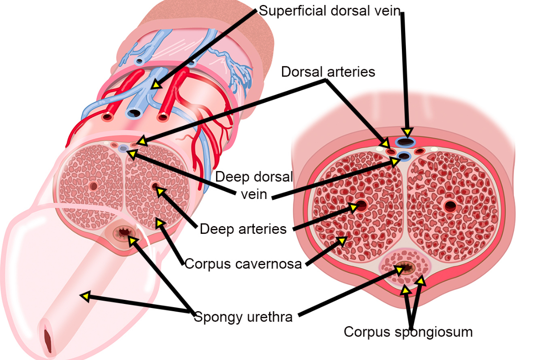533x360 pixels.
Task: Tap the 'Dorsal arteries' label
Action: [x=328, y=72]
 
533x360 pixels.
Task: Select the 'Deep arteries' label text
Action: [x=243, y=229]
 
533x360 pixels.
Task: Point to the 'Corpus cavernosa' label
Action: [x=243, y=264]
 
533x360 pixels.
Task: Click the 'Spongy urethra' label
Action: [x=243, y=317]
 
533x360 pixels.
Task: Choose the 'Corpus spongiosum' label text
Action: [x=408, y=332]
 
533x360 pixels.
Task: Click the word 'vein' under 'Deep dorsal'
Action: [x=254, y=194]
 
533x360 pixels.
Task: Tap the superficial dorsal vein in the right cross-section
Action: [x=406, y=142]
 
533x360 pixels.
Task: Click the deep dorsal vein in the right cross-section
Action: [x=403, y=156]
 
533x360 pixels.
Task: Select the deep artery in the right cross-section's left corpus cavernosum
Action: [x=361, y=206]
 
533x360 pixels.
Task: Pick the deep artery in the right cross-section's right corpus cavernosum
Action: [x=450, y=206]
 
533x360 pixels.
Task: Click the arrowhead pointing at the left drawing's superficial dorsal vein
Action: [x=155, y=84]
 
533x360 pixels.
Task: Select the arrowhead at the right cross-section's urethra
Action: [x=399, y=270]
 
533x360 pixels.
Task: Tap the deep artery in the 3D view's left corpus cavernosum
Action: [x=94, y=185]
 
